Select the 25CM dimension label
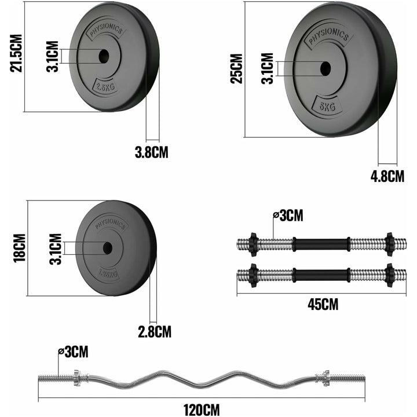[x=236, y=69]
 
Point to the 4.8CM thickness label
[x=387, y=176]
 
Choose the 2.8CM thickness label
[x=155, y=332]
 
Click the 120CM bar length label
[x=202, y=409]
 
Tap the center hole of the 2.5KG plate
[x=104, y=56]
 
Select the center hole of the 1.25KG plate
[x=108, y=248]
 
